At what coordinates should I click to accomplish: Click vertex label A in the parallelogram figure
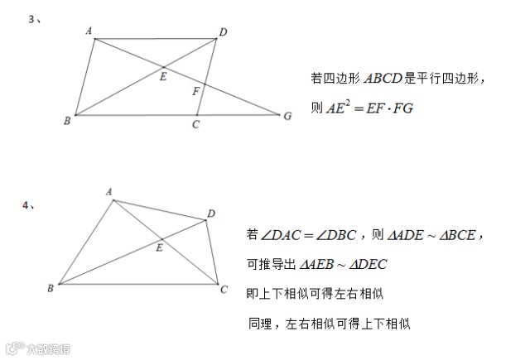pos(89,31)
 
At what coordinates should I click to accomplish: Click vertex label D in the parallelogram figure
pos(223,32)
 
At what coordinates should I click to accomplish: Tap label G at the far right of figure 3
pos(287,116)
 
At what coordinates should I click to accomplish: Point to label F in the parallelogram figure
pos(195,91)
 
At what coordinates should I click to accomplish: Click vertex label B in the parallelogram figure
pos(66,121)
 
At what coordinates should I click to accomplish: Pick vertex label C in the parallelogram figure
pos(195,125)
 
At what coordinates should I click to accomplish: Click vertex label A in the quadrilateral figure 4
pos(108,191)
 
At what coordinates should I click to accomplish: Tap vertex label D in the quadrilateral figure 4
pos(212,214)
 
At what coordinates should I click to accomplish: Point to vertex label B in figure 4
pos(51,288)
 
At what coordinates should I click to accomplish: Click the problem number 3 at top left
pos(31,20)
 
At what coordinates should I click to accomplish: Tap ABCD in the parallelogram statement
pos(382,79)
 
